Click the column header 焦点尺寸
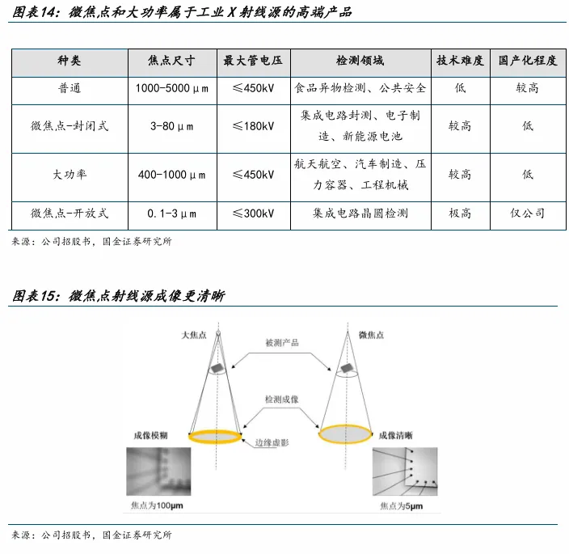171,61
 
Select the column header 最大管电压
253,61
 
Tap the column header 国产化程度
528,61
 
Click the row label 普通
70,87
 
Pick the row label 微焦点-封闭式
70,126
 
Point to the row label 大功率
70,174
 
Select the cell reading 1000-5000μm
171,87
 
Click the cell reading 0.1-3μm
171,214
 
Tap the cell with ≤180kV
253,126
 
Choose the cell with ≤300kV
253,214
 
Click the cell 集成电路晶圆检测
360,214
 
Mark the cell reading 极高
460,214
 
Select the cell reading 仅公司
528,214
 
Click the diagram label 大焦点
195,333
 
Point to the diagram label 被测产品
282,343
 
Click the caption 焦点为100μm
158,505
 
